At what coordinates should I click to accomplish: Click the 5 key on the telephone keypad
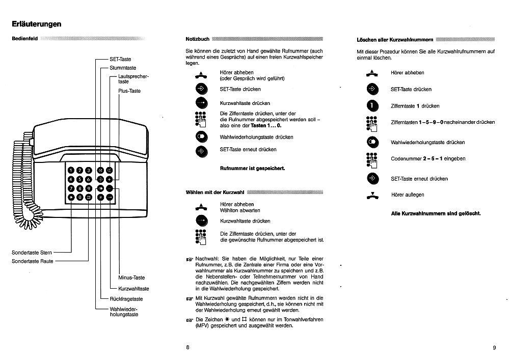[79, 179]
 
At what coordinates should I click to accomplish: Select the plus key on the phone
[109, 179]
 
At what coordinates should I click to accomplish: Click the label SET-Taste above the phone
[120, 59]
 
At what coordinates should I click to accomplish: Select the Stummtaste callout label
[123, 68]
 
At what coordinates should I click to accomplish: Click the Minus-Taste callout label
[131, 278]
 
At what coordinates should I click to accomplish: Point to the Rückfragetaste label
[126, 299]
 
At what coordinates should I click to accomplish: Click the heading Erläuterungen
[36, 24]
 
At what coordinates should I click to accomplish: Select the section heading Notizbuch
[198, 39]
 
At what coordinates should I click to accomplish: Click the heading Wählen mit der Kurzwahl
[215, 192]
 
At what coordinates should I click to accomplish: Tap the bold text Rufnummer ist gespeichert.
[252, 168]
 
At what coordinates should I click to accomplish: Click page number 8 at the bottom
[188, 347]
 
